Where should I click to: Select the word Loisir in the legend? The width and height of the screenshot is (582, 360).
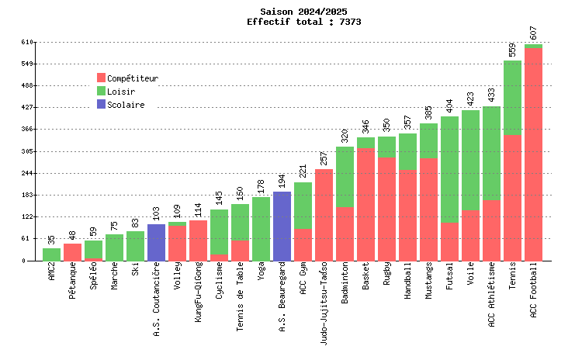(x=121, y=92)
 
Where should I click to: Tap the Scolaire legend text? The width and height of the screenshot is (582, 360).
(x=126, y=105)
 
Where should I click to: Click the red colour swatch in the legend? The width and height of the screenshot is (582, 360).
(x=101, y=78)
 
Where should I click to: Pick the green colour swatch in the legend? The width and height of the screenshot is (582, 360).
(x=101, y=91)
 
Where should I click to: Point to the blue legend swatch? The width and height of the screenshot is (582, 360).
(x=101, y=104)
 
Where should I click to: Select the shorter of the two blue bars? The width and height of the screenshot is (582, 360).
(x=156, y=243)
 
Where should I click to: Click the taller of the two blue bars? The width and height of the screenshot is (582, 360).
(x=282, y=227)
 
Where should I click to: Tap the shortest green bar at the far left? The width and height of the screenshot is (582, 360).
(x=51, y=255)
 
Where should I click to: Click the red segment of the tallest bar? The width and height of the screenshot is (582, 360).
(x=533, y=155)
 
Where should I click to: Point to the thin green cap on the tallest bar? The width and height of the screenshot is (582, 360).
(x=533, y=47)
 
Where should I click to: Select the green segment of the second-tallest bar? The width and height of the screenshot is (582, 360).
(x=512, y=98)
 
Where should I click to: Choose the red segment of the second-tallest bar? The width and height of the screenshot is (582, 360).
(x=512, y=199)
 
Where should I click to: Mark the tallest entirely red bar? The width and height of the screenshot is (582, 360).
(x=324, y=216)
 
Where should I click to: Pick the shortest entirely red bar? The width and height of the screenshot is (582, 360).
(x=72, y=253)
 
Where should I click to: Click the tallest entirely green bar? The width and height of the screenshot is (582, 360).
(x=261, y=230)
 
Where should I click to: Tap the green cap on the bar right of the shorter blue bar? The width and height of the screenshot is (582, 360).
(x=177, y=224)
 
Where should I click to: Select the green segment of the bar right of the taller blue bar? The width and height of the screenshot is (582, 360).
(x=303, y=206)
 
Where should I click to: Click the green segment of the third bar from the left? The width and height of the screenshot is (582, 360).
(x=93, y=249)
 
